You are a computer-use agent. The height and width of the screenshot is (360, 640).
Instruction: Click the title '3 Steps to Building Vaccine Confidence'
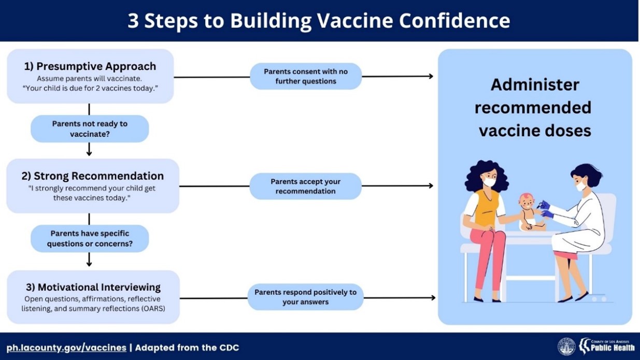click(319, 21)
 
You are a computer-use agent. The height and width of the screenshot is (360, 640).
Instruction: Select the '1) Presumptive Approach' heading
click(90, 66)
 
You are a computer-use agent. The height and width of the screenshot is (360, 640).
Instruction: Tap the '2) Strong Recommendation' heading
click(92, 176)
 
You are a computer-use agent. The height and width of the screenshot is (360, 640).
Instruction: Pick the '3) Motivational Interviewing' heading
click(93, 287)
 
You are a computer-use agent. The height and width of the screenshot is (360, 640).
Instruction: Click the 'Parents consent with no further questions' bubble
click(306, 76)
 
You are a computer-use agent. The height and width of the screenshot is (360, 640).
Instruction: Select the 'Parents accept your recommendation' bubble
click(306, 186)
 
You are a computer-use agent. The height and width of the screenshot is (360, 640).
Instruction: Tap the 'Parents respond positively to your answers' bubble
click(306, 297)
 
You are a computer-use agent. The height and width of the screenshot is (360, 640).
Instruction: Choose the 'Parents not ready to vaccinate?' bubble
click(90, 128)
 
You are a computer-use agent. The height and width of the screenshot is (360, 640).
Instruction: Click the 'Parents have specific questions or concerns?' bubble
click(90, 238)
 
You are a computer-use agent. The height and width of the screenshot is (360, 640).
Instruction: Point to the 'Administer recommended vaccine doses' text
click(535, 108)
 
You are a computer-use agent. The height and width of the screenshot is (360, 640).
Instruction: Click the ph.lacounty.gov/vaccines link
click(66, 348)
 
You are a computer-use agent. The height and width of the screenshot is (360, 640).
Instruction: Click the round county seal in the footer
click(567, 347)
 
